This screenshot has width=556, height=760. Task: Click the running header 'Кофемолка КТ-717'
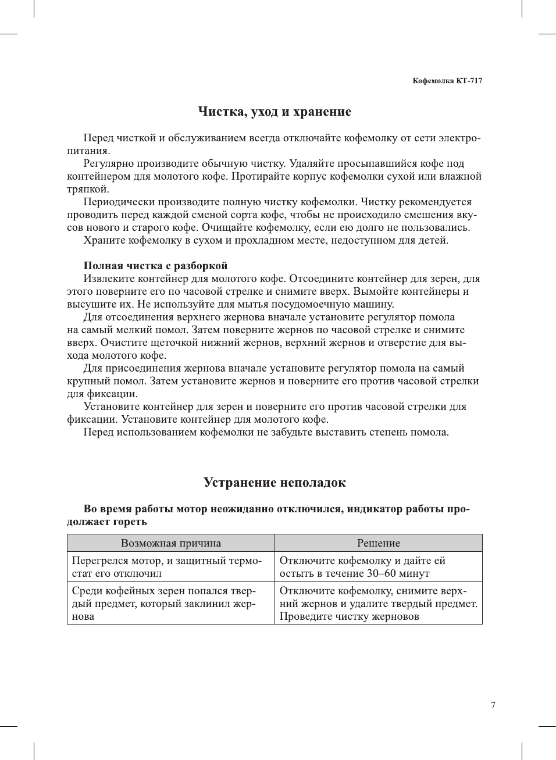pos(447,81)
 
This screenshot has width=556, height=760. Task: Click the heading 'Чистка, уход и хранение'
pos(275,112)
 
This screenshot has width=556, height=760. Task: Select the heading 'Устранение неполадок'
pos(275,483)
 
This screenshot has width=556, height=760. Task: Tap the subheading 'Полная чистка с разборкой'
pos(155,266)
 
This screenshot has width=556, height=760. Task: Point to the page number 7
pos(493,705)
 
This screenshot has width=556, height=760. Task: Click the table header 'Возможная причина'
pos(171,543)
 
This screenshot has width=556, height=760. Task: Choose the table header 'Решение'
pos(379,543)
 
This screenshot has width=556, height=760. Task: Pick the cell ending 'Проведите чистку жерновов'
pos(378,604)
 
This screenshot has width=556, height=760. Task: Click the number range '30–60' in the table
pos(382,573)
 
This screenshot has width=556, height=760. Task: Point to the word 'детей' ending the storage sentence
pos(432,240)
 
